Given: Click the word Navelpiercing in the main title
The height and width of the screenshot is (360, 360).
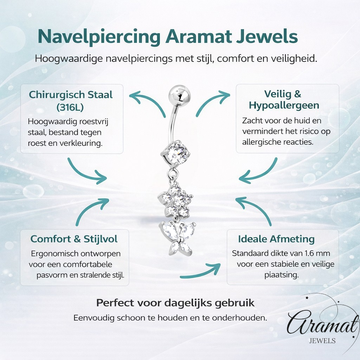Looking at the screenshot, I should pos(99,36).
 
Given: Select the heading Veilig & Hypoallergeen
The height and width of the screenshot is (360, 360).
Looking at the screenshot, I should pos(284,99).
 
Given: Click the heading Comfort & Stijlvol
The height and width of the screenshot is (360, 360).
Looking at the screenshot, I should pos(74,239).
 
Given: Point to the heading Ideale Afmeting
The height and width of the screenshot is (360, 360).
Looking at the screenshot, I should pos(276,239).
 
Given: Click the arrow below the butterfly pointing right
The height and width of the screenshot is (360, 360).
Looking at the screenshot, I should pos(200,271).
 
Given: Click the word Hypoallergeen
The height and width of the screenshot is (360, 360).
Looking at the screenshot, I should pos(284,105).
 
